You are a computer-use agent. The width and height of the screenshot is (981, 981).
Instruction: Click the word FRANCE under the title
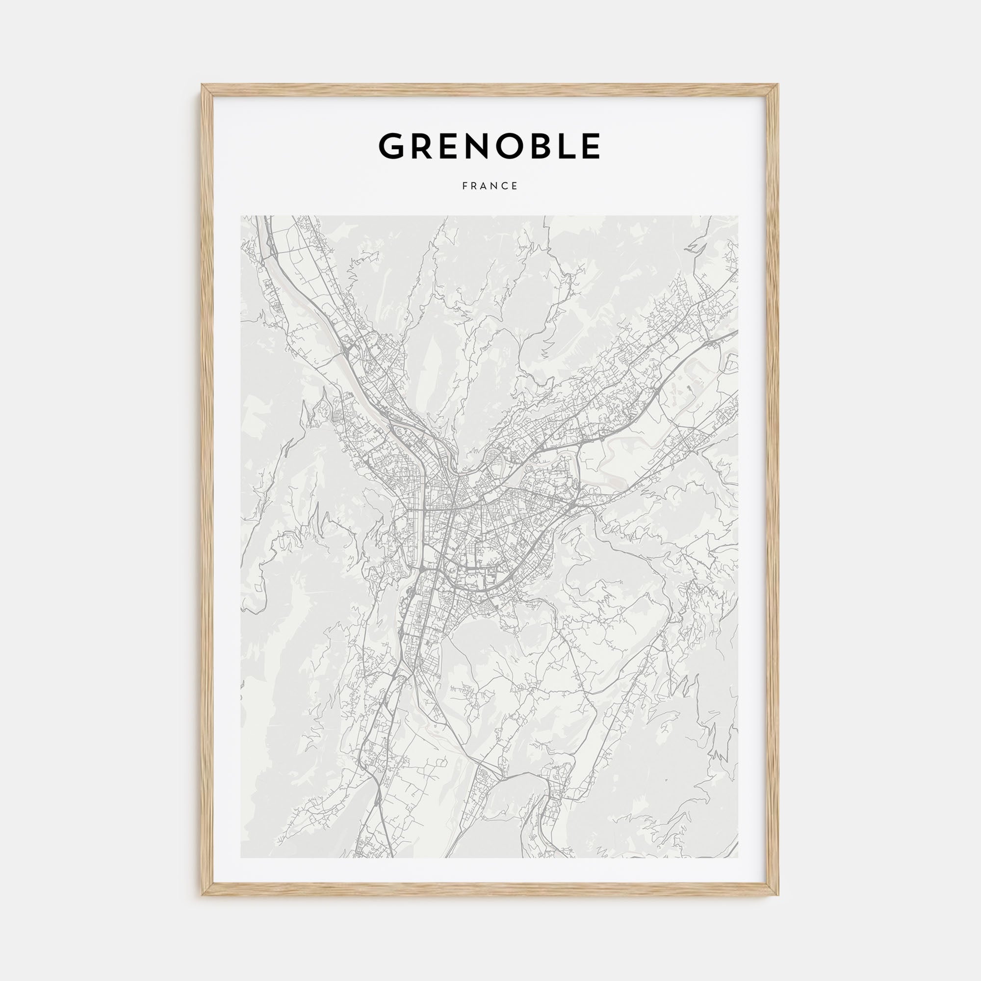490,186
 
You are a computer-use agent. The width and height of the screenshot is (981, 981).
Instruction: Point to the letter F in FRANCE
465,186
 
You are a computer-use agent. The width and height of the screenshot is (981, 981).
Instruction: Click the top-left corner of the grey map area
241,216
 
